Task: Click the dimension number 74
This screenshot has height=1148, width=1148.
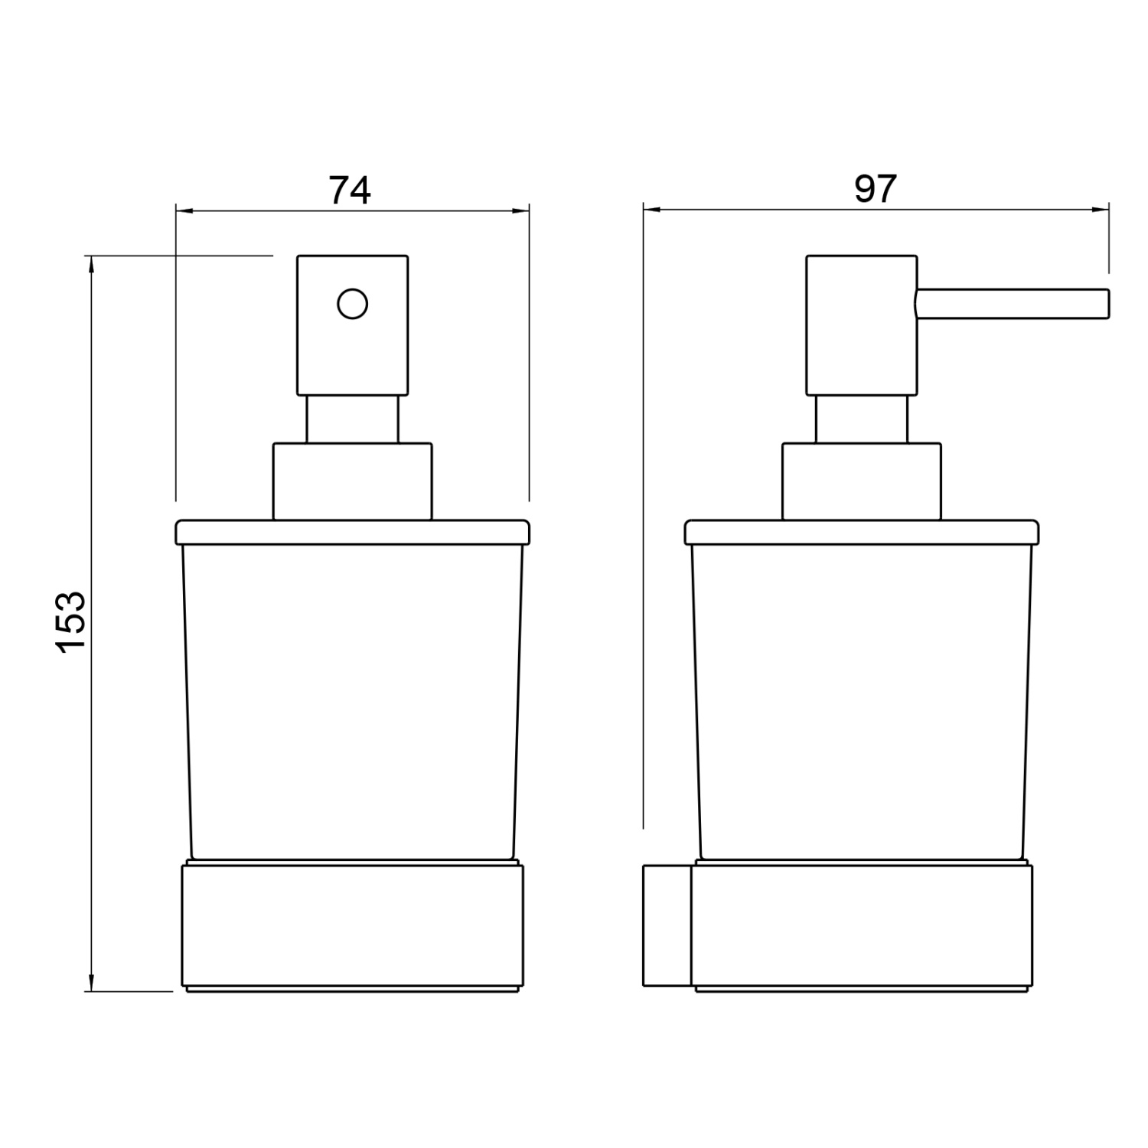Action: click(350, 191)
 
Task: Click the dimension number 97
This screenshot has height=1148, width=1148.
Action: click(875, 189)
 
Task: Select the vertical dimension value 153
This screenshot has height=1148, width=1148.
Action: click(73, 621)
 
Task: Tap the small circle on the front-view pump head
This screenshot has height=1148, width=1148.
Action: click(353, 304)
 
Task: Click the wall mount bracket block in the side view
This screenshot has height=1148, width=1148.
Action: click(667, 925)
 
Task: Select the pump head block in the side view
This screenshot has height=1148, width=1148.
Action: click(862, 325)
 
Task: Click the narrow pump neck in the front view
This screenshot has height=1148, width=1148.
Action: click(353, 419)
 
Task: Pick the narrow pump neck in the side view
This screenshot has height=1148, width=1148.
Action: click(862, 419)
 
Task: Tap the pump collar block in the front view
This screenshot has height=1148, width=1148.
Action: click(353, 481)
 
